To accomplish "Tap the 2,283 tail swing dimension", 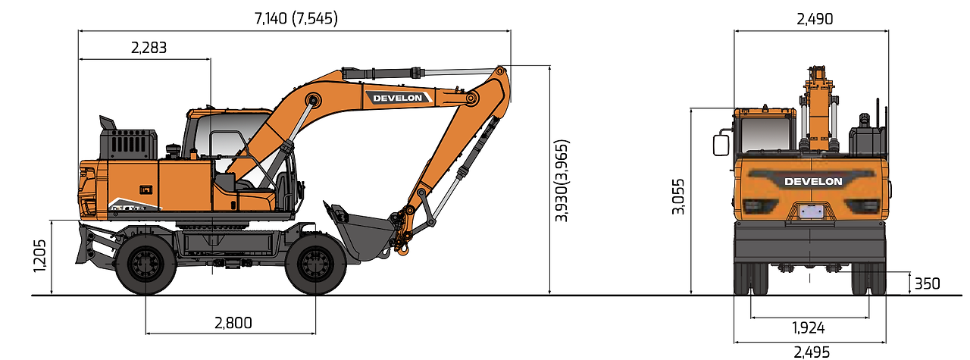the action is (149, 48).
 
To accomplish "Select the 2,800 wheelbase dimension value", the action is (233, 323).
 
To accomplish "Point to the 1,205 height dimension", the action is (39, 256).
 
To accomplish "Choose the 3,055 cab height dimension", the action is (678, 196).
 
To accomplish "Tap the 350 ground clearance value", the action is (927, 283).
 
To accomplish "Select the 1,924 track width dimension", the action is (808, 328).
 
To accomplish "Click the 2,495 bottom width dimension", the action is (812, 352).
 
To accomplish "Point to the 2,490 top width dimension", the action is (815, 19).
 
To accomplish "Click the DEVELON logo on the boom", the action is (398, 98).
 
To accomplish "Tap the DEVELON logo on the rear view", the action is (813, 182).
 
